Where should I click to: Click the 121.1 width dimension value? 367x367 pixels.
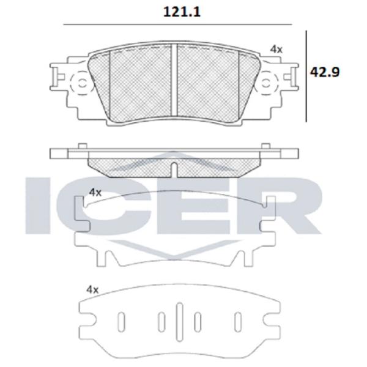click(182, 12)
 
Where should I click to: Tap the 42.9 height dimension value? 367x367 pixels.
click(325, 72)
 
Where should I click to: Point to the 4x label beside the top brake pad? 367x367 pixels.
click(276, 50)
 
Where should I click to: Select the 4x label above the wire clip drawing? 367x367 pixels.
click(95, 193)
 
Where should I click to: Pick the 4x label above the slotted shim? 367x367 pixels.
click(92, 290)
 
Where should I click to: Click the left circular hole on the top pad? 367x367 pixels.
click(82, 83)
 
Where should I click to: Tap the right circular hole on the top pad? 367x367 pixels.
click(266, 83)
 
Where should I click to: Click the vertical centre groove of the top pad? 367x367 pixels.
click(174, 80)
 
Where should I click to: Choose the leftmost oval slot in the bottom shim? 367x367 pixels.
click(121, 322)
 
